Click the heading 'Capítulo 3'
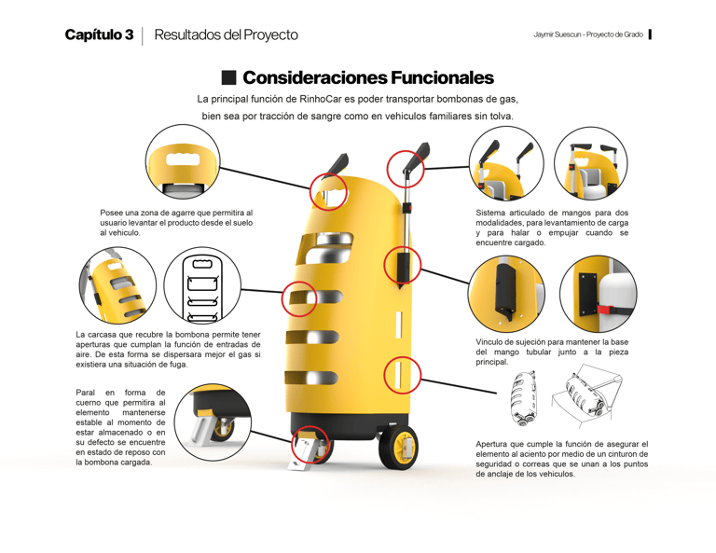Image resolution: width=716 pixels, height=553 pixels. [99, 35]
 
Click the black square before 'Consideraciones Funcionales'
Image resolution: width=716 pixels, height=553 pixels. [229, 77]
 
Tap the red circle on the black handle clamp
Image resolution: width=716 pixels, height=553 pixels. [403, 266]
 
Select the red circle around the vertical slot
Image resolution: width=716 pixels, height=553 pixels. [403, 375]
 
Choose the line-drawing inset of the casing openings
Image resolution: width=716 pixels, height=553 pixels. [202, 285]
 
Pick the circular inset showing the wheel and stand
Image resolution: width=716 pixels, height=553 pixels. [213, 422]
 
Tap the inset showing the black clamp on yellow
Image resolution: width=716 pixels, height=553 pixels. [506, 295]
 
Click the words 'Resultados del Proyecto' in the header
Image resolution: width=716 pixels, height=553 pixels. [226, 35]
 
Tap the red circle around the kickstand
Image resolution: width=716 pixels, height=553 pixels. [310, 445]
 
